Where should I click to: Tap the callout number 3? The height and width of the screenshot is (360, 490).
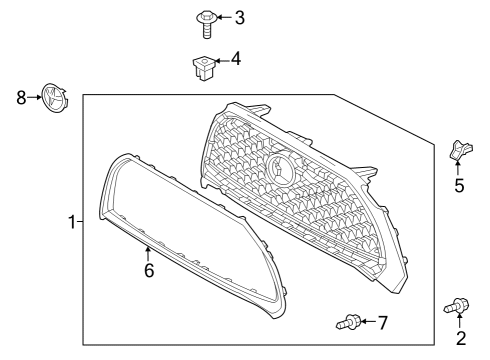[238, 18]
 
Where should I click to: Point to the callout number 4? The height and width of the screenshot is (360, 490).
[236, 59]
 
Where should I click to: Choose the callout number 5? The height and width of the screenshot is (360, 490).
[460, 186]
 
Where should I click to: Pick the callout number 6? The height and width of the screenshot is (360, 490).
[148, 270]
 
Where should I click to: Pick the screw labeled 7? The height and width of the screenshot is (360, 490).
[346, 322]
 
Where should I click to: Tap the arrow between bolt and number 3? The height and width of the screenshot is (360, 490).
[223, 18]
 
